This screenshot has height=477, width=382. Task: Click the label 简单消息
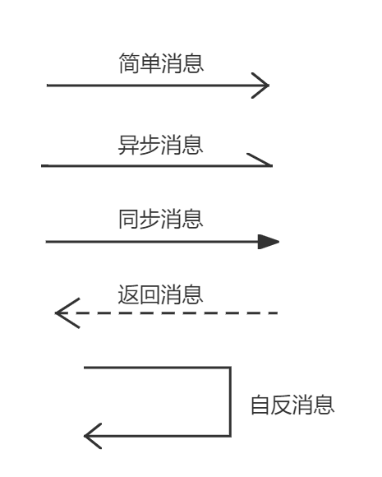click(161, 63)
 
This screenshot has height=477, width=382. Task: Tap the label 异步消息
click(160, 145)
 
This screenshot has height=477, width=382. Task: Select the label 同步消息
click(161, 219)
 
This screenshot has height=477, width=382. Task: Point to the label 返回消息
click(160, 294)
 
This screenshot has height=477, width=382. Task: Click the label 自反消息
click(292, 405)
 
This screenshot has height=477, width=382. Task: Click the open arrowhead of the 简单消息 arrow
click(260, 86)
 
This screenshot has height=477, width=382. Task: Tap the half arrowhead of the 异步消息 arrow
click(260, 160)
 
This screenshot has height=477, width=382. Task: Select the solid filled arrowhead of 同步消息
click(269, 242)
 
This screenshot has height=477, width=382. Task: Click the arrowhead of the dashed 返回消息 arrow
click(67, 313)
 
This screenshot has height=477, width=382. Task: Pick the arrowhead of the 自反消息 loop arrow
click(93, 436)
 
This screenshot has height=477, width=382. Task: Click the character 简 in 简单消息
click(129, 63)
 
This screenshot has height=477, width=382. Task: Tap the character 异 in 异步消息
click(128, 145)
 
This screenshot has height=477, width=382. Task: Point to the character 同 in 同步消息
click(129, 219)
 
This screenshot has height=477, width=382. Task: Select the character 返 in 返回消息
click(128, 294)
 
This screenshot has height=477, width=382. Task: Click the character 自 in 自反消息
click(260, 405)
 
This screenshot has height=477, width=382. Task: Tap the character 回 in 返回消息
click(150, 294)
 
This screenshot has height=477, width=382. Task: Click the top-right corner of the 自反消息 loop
click(230, 368)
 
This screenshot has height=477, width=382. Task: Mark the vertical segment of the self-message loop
click(230, 402)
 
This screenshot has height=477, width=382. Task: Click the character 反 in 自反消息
click(282, 405)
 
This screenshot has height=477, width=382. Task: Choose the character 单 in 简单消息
click(150, 63)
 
